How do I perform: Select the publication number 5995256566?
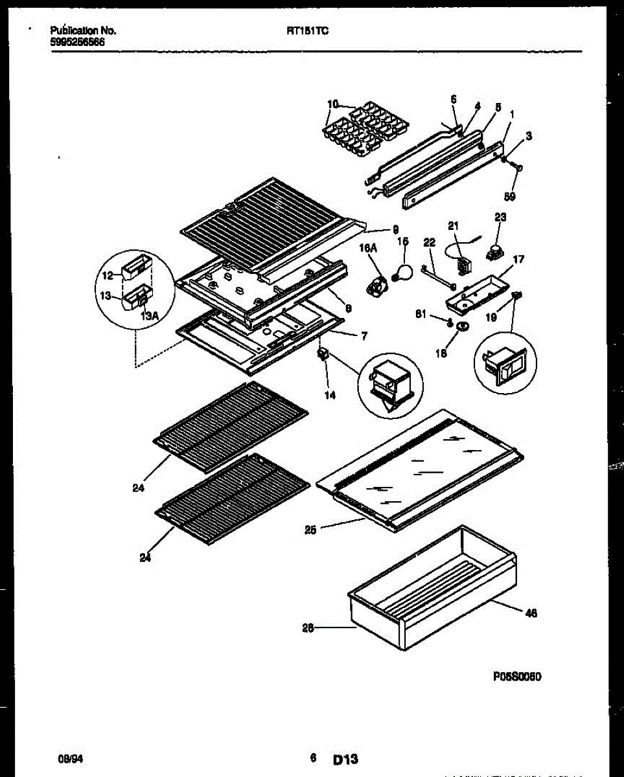pos(78,42)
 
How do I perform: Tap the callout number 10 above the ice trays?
pos(332,104)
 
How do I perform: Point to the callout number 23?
pos(500,217)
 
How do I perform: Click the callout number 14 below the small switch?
pos(330,394)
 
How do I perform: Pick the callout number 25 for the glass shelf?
pos(310,529)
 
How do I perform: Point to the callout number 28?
pos(308,627)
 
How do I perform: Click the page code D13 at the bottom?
pos(346,759)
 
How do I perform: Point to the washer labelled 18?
pos(461,328)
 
